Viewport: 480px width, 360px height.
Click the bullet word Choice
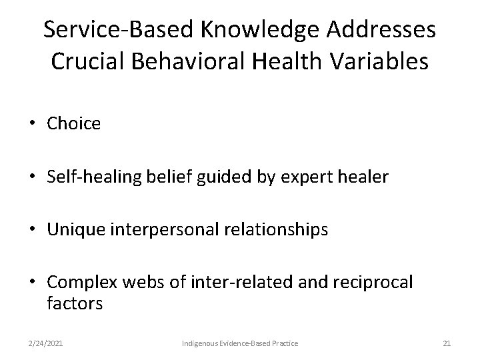point(74,123)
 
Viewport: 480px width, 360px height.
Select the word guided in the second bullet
point(220,177)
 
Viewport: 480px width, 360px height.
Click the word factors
point(75,304)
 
